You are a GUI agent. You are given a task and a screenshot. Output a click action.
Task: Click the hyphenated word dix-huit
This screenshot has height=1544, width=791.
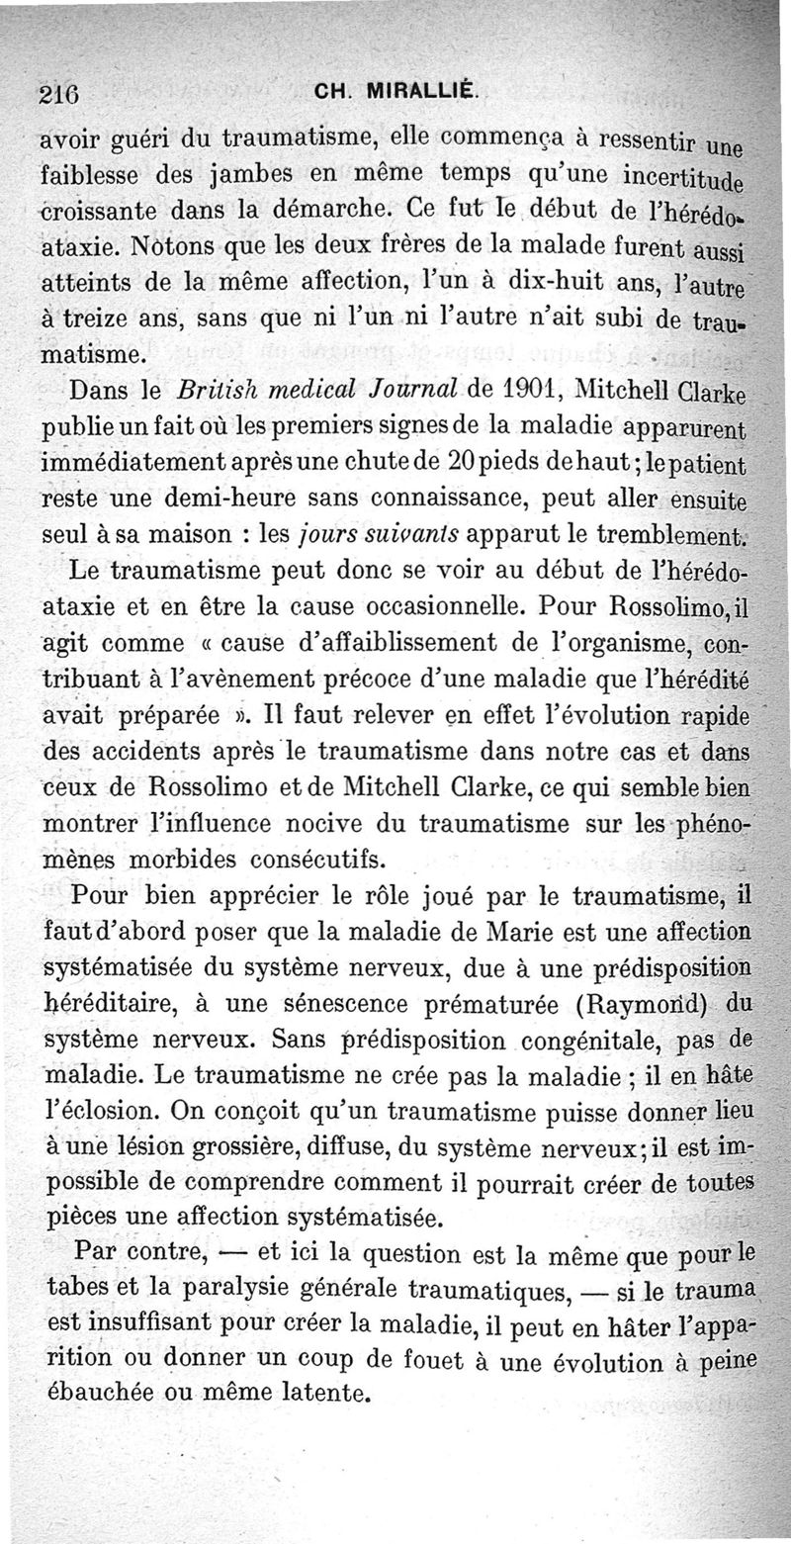tap(553, 281)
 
